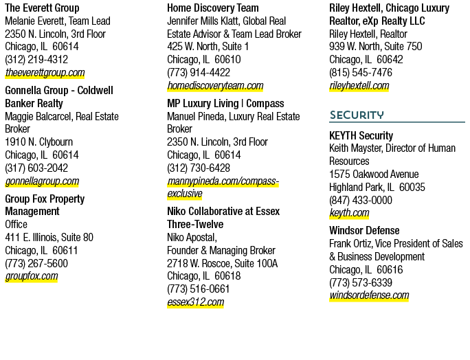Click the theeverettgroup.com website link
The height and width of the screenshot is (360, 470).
click(x=45, y=73)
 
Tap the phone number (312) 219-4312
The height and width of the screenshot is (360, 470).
click(x=36, y=59)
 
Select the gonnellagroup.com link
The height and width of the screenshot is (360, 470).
click(x=42, y=181)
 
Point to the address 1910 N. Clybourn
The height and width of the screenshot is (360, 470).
click(x=39, y=142)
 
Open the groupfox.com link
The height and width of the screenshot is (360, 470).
click(x=32, y=276)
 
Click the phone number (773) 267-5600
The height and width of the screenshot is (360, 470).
click(x=36, y=264)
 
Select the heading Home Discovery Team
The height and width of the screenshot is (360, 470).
click(x=213, y=8)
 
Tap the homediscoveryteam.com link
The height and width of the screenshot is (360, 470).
click(x=215, y=86)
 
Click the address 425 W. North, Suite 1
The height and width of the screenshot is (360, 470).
click(x=208, y=47)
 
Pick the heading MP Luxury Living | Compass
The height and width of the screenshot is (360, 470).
click(x=225, y=104)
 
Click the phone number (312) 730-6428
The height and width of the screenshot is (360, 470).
click(x=199, y=168)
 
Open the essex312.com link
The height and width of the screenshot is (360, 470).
click(x=195, y=302)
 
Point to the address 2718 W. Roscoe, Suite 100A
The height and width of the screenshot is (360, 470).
click(x=223, y=264)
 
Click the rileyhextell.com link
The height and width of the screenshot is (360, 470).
click(x=359, y=86)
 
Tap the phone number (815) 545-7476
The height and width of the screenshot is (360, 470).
click(x=361, y=73)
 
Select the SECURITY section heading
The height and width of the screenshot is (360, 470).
click(x=357, y=115)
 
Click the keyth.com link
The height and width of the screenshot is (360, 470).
click(x=349, y=213)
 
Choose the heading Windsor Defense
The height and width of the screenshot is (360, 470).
click(x=364, y=231)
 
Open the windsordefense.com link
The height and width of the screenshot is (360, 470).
click(x=369, y=295)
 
